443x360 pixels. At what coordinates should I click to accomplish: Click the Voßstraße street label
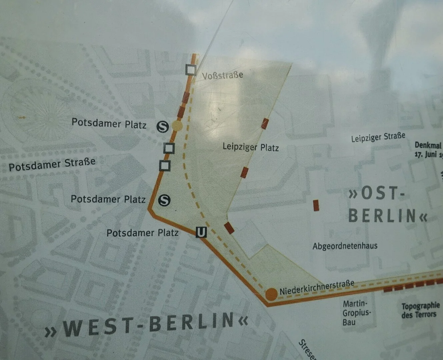pos(222,75)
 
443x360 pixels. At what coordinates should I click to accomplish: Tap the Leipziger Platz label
pos(250,147)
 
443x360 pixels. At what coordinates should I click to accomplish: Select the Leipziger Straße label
pos(378,137)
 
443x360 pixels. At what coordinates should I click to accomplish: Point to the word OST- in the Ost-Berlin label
pos(377,193)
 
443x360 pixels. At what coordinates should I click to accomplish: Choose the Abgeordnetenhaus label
pos(345,246)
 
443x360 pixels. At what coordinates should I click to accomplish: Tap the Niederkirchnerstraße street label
pos(317,287)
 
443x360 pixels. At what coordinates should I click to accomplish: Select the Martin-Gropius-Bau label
pos(356,313)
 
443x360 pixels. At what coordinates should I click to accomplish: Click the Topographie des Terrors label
pos(420,310)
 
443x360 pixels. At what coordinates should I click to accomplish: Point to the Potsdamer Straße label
pos(52,164)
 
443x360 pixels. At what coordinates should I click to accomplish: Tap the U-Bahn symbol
pos(201,232)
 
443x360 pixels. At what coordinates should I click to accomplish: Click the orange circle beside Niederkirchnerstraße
pos(271,294)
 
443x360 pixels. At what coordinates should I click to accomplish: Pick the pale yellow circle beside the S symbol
pos(177,126)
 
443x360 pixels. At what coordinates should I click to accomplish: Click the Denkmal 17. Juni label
pos(428,150)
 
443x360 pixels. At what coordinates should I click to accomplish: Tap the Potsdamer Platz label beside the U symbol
pos(142,233)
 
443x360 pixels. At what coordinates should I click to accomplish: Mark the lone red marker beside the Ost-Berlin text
pos(316,205)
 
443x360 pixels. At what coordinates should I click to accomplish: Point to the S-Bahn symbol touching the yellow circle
pos(163,126)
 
